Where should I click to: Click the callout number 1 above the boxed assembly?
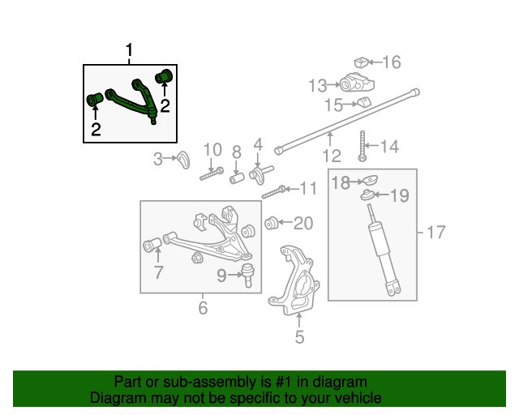click(x=129, y=50)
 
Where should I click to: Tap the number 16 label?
click(x=391, y=62)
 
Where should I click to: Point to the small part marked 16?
click(x=362, y=62)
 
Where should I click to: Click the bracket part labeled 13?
click(x=357, y=83)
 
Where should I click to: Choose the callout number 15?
click(x=333, y=105)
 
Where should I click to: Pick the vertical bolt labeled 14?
click(x=362, y=146)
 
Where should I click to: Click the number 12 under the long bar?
click(x=332, y=156)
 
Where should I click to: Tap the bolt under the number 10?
click(x=212, y=174)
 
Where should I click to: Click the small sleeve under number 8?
click(x=237, y=178)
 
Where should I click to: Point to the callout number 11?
click(x=308, y=188)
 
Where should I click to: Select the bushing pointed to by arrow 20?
click(x=272, y=223)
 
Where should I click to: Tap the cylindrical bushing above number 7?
click(x=152, y=245)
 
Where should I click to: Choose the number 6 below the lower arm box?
click(x=203, y=308)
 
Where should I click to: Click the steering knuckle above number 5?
click(x=294, y=280)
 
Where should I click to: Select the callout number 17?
click(x=436, y=232)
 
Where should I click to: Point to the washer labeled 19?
click(x=367, y=195)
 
